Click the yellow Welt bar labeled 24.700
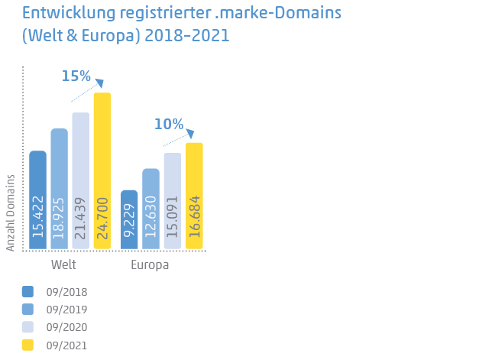[102, 170]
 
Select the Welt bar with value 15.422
[38, 199]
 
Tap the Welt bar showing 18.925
[60, 189]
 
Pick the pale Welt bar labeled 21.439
[81, 180]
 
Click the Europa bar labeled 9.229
[130, 219]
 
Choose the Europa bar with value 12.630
[151, 209]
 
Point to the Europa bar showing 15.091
[173, 200]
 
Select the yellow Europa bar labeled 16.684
[194, 196]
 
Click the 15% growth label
[76, 76]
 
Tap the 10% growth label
[168, 124]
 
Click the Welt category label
[63, 264]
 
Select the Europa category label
[150, 264]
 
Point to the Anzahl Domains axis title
[11, 212]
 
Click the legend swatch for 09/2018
[28, 291]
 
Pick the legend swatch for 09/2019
[28, 309]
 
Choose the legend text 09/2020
[66, 327]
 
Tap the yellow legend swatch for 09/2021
[28, 345]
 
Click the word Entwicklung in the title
[68, 13]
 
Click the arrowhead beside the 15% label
[99, 83]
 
